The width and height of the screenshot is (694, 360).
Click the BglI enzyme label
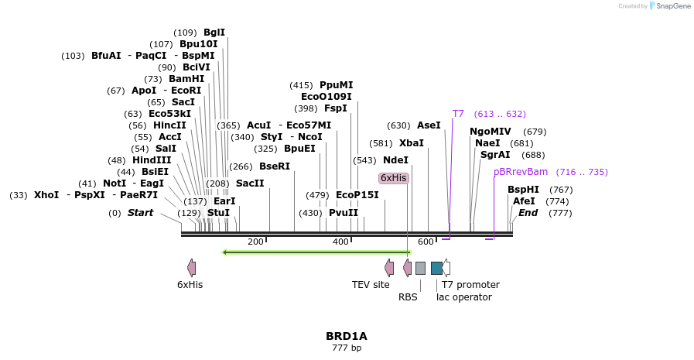tap(214, 33)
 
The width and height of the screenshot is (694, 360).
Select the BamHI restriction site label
tap(186, 79)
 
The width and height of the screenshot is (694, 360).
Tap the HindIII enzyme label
tap(152, 160)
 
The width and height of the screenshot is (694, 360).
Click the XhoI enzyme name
tap(46, 195)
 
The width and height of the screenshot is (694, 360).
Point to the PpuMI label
tap(336, 85)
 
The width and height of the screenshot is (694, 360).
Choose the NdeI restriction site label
tap(395, 160)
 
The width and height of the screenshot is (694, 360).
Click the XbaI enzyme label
tap(412, 143)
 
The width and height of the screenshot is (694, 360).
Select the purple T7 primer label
tap(458, 114)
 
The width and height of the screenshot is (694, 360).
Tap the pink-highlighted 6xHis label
tap(393, 178)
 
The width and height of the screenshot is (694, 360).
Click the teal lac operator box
tap(436, 268)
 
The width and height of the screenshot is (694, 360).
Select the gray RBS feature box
tap(420, 268)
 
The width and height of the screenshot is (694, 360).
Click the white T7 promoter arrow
tap(446, 268)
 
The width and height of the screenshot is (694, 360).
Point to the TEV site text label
tap(371, 285)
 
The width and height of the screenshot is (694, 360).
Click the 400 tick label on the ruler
tap(340, 242)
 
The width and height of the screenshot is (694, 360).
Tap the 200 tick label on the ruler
tap(255, 242)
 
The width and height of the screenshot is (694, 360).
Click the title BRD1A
tap(347, 336)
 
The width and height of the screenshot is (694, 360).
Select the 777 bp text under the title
tap(347, 348)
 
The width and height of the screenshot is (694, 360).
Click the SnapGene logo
tap(670, 6)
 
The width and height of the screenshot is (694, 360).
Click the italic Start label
tap(140, 213)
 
